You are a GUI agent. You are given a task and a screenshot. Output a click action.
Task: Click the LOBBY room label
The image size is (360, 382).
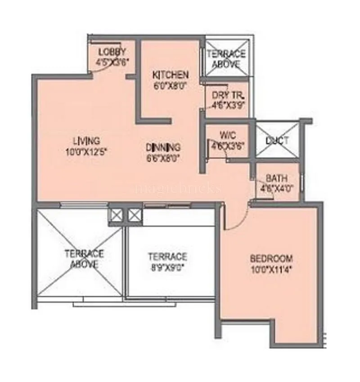coord(112,51)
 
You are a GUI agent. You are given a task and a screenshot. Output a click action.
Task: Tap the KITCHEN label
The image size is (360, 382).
coord(170,75)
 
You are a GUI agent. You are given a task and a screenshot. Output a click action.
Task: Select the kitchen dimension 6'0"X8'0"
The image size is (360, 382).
coord(170,84)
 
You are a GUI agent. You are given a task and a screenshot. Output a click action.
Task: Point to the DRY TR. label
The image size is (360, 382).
coord(228,95)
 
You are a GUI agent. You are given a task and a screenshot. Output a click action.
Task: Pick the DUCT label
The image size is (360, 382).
coord(277,141)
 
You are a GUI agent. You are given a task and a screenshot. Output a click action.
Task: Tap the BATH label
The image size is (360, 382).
coord(277,178)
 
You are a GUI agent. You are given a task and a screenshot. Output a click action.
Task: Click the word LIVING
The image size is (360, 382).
coord(87,140)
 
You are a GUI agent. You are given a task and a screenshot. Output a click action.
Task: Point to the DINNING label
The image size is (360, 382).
coord(163,147)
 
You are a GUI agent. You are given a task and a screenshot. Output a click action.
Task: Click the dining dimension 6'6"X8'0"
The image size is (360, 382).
coord(163,158)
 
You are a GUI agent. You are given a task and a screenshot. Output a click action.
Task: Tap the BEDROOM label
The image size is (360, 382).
coord(271,259)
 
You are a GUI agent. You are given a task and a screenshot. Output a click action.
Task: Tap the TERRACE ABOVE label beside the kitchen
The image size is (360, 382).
coord(226,59)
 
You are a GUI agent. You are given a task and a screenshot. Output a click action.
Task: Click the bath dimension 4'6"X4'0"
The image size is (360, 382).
coord(277,188)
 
